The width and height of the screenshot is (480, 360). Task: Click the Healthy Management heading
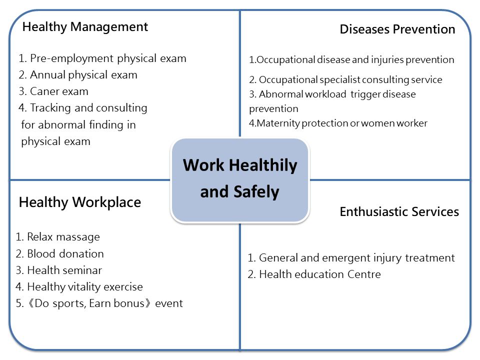[x=85, y=27]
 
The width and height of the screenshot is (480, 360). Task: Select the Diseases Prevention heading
[x=397, y=29]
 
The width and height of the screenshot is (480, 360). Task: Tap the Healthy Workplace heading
[x=80, y=202]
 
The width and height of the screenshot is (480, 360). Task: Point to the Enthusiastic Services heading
[x=399, y=211]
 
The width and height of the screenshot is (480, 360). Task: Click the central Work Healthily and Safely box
[x=240, y=180]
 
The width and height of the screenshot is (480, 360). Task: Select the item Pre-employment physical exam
[x=102, y=58]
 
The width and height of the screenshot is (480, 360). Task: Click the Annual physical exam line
[x=78, y=75]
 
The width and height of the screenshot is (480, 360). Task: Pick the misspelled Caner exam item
[x=53, y=91]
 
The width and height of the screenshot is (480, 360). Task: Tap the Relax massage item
[x=57, y=237]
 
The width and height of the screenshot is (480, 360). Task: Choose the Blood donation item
[x=59, y=254]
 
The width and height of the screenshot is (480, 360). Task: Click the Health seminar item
[x=59, y=270]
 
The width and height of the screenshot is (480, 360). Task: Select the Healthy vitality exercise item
[x=79, y=287]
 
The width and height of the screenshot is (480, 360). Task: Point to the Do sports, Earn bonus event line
[x=99, y=303]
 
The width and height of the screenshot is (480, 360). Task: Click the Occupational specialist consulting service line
[x=345, y=80]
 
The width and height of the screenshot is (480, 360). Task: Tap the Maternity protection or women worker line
[x=338, y=123]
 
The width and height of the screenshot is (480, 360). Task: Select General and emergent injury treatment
[x=351, y=258]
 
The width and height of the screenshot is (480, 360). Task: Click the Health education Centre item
[x=314, y=274]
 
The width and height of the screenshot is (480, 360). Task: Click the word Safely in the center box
[x=256, y=192]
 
